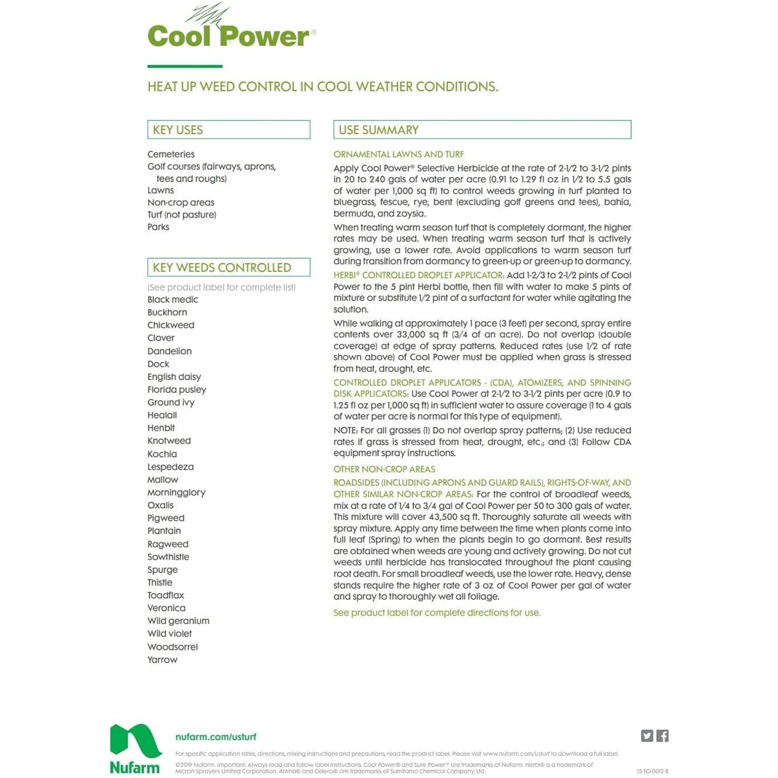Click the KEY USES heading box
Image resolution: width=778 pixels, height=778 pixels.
(229, 130)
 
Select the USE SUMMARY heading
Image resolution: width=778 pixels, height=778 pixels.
(482, 130)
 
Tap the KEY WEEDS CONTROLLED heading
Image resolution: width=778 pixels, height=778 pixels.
(229, 267)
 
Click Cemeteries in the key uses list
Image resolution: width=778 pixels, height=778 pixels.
(171, 154)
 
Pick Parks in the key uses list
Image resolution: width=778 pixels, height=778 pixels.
(158, 227)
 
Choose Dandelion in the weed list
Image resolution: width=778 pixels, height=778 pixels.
(170, 351)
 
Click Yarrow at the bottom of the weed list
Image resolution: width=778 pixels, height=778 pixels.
(162, 660)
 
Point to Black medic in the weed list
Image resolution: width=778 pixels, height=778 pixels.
(173, 300)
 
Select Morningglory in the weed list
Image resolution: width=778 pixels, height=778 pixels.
(176, 492)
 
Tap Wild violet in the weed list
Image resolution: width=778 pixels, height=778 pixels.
(170, 634)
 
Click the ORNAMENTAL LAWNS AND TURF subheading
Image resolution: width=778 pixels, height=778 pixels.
(398, 154)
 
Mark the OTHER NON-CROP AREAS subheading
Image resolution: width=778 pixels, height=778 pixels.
(384, 469)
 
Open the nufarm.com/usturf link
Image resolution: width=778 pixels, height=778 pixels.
(216, 737)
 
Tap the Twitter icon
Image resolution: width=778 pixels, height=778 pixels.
(647, 736)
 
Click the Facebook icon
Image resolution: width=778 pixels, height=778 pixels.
(662, 736)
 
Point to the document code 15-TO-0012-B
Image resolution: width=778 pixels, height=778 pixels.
(652, 771)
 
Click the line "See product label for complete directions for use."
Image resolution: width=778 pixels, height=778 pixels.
(437, 613)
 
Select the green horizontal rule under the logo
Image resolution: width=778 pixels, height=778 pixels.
(185, 67)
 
